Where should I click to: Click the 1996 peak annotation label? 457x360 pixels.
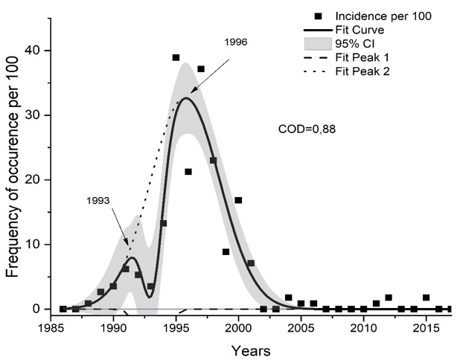[x=235, y=42]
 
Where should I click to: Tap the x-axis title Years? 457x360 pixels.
[x=251, y=348]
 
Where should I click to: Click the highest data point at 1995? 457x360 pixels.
[x=176, y=57]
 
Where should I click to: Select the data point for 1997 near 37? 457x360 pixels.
[x=201, y=69]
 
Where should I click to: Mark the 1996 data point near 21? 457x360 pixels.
[x=188, y=172]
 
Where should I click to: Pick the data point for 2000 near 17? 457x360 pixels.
[x=238, y=200]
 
